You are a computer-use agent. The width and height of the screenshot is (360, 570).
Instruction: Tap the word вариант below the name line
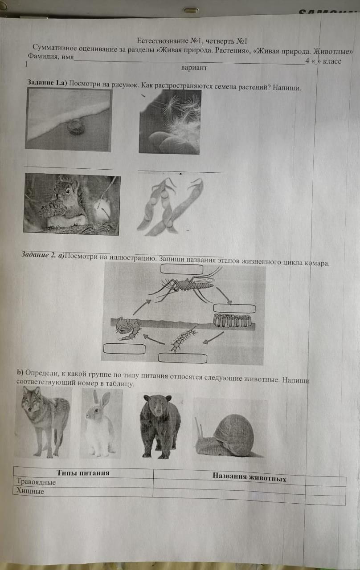(194, 68)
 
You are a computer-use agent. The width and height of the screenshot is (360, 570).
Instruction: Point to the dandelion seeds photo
(170, 122)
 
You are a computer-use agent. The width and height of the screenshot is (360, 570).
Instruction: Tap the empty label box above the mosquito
(182, 269)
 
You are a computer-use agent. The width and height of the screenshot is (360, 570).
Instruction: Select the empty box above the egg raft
(234, 309)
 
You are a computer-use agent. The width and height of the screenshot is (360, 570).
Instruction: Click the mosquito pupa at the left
(128, 328)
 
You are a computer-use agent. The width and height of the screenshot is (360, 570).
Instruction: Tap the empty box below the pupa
(124, 349)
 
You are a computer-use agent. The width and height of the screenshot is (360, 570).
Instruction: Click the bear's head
(157, 405)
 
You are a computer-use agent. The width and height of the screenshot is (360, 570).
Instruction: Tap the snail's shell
(233, 432)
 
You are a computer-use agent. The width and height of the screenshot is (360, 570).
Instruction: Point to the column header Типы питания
(83, 472)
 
